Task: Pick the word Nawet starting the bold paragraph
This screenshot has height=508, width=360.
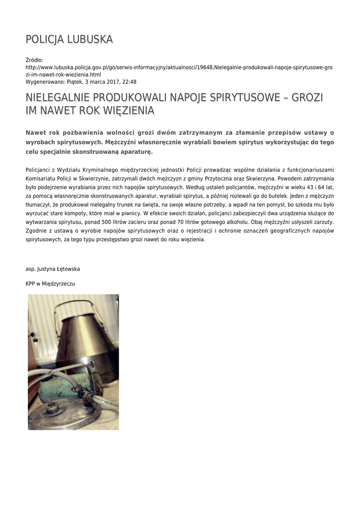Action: [x=36, y=132]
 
